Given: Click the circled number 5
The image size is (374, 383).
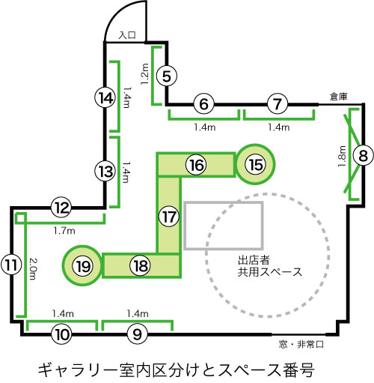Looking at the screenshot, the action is tap(167, 76).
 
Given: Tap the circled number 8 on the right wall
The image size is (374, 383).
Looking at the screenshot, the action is tap(364, 156).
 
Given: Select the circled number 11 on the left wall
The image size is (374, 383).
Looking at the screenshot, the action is tap(11, 265).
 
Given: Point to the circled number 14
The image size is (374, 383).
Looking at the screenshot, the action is tap(105, 98).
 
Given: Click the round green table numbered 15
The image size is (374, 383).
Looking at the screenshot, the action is tap(256, 164).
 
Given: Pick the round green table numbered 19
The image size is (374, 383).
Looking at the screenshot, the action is tap(82, 265).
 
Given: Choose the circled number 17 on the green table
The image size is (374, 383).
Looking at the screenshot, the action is tap(169, 217).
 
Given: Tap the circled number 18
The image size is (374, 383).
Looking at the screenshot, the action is tap(141, 265).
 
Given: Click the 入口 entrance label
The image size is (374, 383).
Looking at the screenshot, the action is tap(127, 35).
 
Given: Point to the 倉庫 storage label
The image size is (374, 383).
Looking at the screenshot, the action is tap(339, 97).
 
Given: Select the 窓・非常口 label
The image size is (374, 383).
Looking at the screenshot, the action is tap(301, 345).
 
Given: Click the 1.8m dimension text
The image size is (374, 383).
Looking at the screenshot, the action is tap(343, 157).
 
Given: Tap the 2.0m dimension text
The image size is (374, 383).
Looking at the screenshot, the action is tap(33, 269).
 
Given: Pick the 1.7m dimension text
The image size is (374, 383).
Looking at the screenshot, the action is tap(64, 231).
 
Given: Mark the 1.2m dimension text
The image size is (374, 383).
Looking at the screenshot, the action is tap(144, 74).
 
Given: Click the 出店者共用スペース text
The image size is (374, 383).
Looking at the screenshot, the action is tap(270, 266).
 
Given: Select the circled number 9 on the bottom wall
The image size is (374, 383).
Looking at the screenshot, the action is tap(138, 334).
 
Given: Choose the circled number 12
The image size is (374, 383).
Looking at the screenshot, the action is tap(61, 208).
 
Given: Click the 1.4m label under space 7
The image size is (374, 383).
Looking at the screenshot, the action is tap(279, 127).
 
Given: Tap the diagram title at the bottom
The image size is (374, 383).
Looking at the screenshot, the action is tap(176, 370).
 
